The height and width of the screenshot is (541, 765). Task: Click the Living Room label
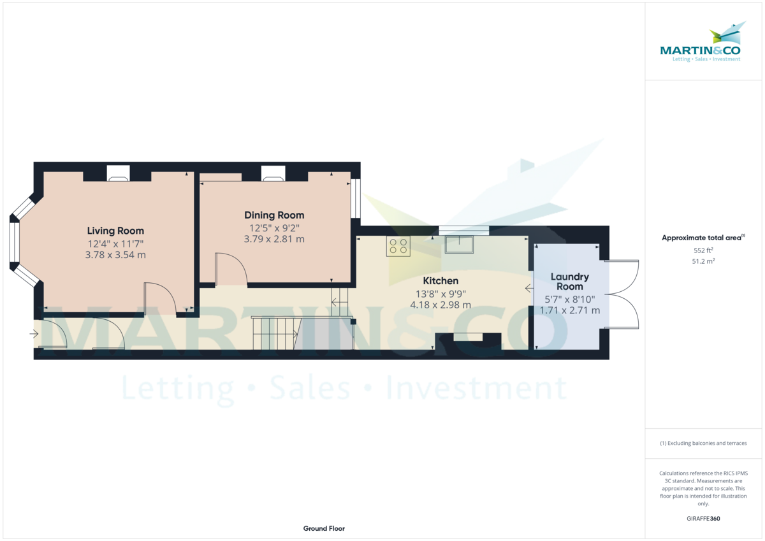point(115,231)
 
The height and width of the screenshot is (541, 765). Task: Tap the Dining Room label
point(274,215)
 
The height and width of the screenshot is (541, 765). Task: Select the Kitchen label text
point(441,281)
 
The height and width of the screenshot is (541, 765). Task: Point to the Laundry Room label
point(570,282)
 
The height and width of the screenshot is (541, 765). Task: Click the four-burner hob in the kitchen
point(398,246)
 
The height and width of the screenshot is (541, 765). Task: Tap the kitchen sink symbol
point(460,245)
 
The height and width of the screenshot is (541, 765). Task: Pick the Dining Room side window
point(356,198)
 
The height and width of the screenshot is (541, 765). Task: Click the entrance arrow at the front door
point(34,333)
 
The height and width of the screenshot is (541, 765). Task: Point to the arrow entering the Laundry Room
point(529,289)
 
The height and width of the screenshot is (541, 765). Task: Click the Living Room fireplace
point(118,173)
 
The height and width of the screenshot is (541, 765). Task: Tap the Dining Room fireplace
point(273,173)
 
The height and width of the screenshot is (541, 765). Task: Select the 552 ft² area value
point(703,250)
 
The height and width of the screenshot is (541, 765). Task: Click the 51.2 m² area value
point(703,261)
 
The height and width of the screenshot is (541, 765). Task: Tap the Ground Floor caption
point(324,529)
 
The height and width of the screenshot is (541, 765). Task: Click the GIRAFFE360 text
point(703,519)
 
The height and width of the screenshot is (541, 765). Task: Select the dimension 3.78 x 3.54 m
point(115,255)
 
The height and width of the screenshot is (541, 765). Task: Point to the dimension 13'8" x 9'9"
point(441,294)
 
